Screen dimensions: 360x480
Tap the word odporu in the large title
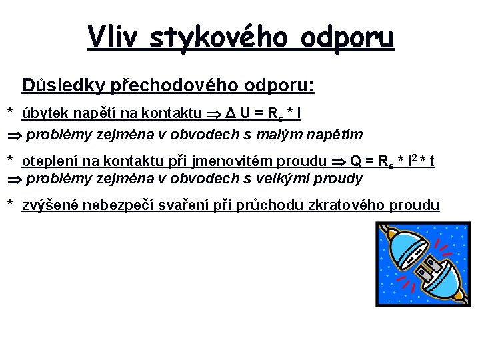pyautogui.click(x=347, y=38)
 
